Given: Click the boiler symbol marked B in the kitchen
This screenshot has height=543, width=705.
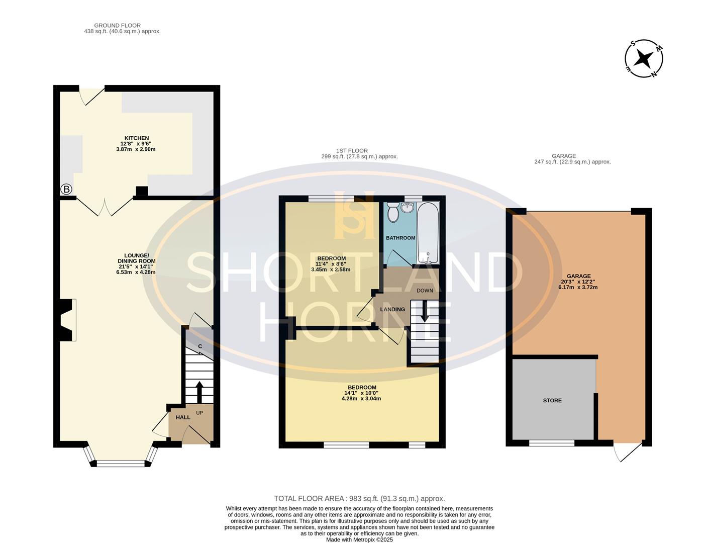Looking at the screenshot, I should point(66,190).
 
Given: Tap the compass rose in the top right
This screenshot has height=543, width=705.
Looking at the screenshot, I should point(644,58).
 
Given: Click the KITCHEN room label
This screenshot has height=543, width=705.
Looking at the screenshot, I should point(137,138).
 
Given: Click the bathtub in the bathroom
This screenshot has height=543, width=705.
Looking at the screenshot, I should point(428,233).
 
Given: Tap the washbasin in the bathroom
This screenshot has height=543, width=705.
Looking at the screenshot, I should point(407,208).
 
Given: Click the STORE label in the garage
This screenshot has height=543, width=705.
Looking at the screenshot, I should point(552,401).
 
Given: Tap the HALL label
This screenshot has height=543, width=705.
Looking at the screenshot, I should point(183,417).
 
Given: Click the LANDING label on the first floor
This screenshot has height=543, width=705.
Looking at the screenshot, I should point(392,310).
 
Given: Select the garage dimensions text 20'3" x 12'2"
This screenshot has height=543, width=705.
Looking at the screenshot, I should point(578,282).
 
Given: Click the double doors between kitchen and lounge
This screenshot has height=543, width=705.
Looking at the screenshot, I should point(105,207).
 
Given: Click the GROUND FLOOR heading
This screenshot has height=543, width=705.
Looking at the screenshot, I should point(117,25).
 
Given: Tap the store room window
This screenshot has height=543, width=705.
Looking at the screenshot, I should point(552,443).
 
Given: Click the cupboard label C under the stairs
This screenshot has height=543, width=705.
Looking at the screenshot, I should point(199,346).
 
